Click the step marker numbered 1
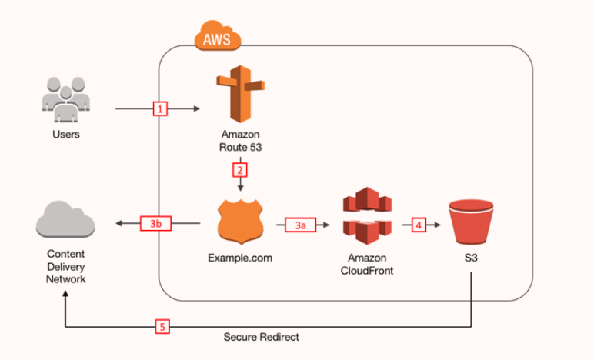[161, 109]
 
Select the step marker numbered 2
[240, 169]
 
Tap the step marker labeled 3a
[301, 225]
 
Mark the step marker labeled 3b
[156, 224]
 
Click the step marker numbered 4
[419, 225]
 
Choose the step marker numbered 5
[162, 326]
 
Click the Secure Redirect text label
[262, 337]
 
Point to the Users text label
[66, 135]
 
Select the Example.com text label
[240, 257]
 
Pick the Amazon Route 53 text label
[241, 140]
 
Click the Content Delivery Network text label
[65, 266]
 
